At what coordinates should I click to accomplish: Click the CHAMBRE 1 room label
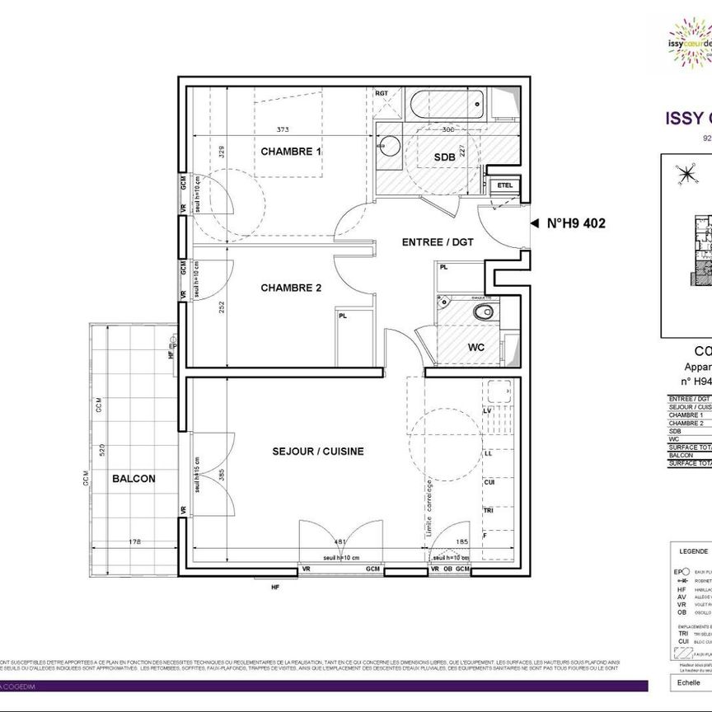(291, 152)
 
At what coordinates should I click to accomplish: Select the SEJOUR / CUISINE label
(318, 452)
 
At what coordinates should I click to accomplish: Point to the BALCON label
(133, 478)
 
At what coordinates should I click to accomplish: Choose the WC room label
(476, 347)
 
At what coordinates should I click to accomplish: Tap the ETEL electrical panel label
(504, 185)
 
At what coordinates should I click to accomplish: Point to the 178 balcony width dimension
(134, 541)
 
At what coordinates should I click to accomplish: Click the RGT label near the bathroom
(382, 93)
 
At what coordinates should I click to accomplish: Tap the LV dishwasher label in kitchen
(488, 410)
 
